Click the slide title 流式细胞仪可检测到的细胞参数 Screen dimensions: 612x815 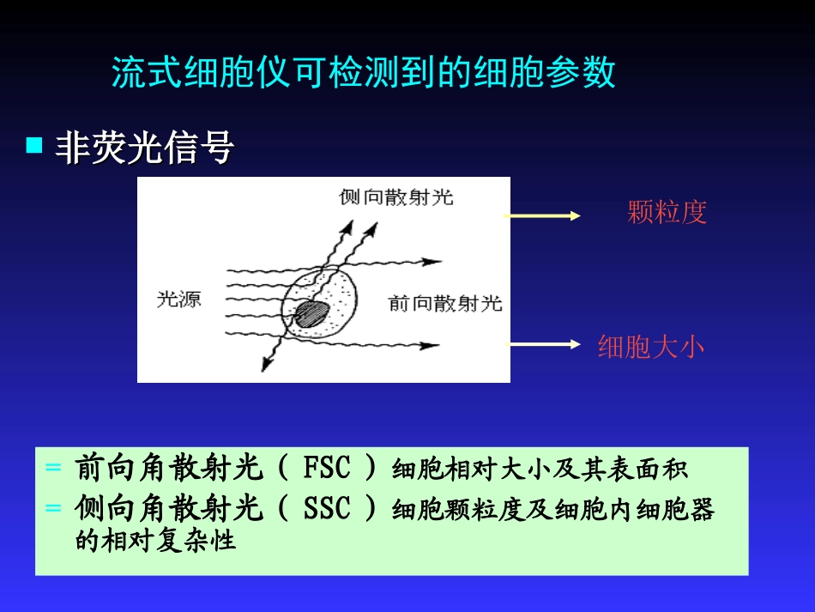(x=364, y=74)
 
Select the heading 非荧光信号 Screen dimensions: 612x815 (x=144, y=148)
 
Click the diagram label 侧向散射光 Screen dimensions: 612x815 (x=396, y=197)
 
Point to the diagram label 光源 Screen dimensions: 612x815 (x=178, y=299)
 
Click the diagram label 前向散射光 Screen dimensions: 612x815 (x=445, y=303)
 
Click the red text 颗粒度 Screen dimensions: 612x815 (x=667, y=212)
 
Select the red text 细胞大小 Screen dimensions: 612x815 (x=650, y=347)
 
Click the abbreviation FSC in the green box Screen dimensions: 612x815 (x=327, y=468)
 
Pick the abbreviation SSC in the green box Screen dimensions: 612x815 (x=327, y=509)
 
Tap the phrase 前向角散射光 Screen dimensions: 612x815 (x=169, y=468)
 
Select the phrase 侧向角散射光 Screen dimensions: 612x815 (x=169, y=509)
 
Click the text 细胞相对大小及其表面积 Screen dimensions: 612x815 (x=540, y=469)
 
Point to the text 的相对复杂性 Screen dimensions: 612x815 (x=155, y=542)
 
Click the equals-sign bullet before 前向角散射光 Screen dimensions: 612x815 (x=53, y=468)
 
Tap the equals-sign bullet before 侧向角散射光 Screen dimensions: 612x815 (x=53, y=508)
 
